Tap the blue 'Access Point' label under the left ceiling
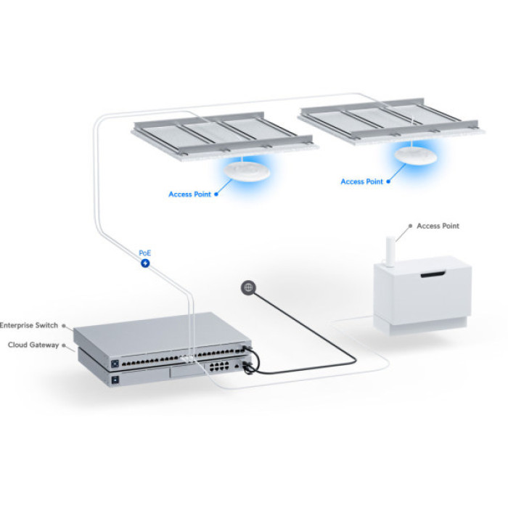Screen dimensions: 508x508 click(189, 194)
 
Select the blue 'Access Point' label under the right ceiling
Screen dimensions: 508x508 click(361, 181)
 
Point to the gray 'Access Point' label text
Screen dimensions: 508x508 click(438, 226)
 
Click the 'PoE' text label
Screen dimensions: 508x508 click(145, 253)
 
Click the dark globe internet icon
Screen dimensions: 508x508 click(248, 288)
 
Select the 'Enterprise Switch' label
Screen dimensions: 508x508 click(28, 326)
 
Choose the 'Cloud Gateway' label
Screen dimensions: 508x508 click(33, 345)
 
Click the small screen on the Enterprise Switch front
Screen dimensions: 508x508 click(113, 361)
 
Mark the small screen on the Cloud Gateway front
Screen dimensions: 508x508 click(113, 378)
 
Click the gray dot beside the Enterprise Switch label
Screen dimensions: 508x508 click(65, 327)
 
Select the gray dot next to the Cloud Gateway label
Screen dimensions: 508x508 click(65, 345)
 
